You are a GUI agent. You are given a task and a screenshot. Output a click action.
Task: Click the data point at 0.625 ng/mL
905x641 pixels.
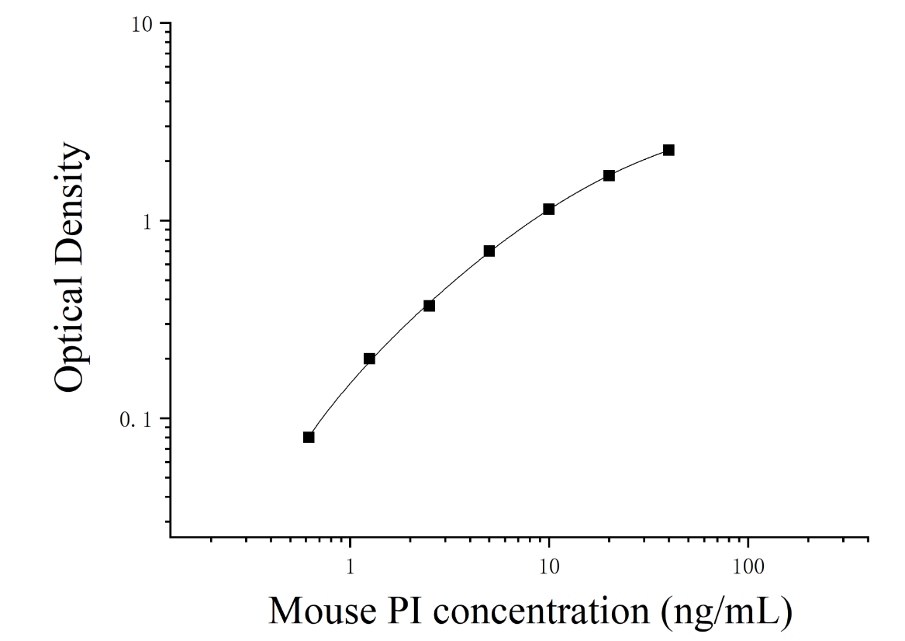[x=309, y=437]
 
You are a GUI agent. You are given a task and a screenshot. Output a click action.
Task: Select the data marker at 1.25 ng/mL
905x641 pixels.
[x=369, y=359]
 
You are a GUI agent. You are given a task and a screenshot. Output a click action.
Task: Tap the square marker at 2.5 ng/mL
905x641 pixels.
[x=429, y=306]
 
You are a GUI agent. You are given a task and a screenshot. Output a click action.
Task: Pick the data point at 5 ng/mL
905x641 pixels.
[x=489, y=251]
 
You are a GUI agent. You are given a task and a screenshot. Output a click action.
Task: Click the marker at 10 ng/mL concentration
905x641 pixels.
[x=549, y=209]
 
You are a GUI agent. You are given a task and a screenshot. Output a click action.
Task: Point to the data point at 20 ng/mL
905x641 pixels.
[x=609, y=175]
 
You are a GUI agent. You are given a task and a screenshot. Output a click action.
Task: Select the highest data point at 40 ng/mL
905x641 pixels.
[x=668, y=150]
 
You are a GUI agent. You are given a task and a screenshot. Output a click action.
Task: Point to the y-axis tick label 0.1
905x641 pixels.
[x=135, y=421]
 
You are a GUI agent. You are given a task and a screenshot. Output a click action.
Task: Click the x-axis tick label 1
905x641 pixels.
[x=350, y=567]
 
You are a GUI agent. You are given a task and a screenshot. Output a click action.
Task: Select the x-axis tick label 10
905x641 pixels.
[x=550, y=567]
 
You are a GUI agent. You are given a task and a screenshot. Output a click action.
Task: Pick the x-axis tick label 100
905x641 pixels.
[x=748, y=567]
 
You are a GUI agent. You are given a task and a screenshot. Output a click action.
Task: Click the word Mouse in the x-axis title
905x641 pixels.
[x=322, y=611]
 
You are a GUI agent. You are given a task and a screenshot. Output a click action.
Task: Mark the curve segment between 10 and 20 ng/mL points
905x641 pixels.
[x=579, y=191]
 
